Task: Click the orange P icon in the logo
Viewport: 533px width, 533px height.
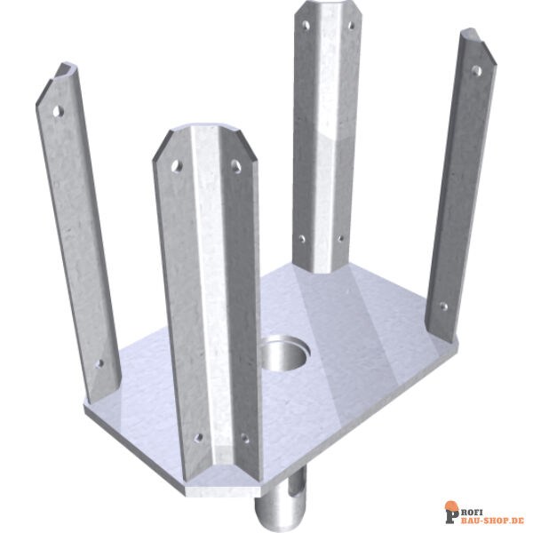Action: (x=452, y=512)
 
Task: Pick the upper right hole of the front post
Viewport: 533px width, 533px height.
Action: (x=236, y=165)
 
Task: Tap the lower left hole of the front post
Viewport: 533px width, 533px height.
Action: (x=197, y=437)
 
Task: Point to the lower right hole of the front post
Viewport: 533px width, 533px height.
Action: (x=243, y=437)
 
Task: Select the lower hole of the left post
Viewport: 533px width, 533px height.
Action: (x=99, y=362)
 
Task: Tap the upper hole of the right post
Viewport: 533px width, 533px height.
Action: (x=476, y=70)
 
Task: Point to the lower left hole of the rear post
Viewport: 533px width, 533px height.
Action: (x=301, y=238)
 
